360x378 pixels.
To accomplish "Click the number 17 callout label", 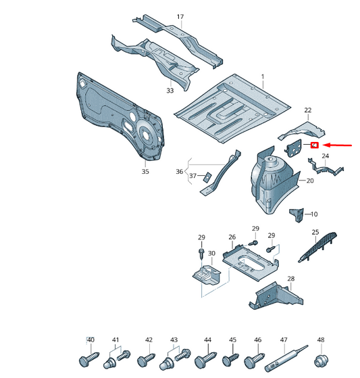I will coord(180,16).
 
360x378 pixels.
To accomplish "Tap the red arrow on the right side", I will coord(335,145).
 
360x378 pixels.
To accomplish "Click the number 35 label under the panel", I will coord(145,172).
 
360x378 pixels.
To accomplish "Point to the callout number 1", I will coord(263,78).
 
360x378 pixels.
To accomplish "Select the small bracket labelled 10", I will coord(297,215).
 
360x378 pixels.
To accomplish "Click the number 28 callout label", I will coord(291,279).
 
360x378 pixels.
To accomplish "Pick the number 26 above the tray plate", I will coord(232,237).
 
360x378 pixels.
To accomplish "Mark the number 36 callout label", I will coord(180,171).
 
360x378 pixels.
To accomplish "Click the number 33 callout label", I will coord(170,91).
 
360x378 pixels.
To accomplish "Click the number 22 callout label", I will coord(308,110).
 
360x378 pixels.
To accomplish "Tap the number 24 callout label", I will coord(325,156).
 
